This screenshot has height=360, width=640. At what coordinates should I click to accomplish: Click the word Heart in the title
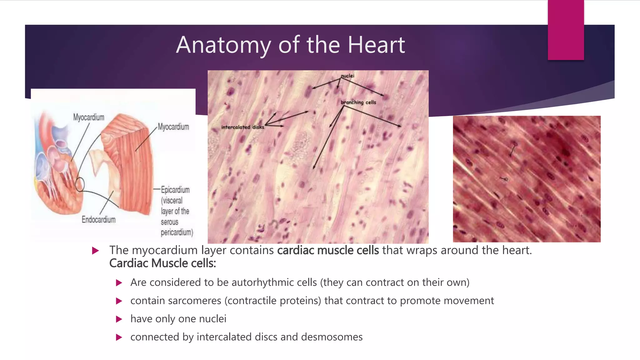(376, 45)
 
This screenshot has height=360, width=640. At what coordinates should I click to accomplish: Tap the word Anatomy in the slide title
(223, 45)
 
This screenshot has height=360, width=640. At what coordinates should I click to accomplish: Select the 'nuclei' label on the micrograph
(347, 76)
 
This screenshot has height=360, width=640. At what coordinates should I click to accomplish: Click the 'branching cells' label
(358, 102)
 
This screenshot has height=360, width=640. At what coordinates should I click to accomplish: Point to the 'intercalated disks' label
(242, 127)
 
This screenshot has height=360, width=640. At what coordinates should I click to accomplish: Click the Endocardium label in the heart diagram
(98, 220)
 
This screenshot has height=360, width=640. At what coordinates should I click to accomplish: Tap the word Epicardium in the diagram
(175, 190)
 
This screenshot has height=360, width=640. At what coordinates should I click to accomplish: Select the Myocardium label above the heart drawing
(88, 117)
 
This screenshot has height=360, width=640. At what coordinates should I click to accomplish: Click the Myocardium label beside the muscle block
(173, 127)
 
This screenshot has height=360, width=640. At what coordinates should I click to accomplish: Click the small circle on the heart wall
(80, 184)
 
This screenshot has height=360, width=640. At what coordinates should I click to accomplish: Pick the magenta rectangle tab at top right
(566, 30)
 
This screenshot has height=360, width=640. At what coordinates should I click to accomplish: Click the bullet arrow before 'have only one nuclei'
(119, 319)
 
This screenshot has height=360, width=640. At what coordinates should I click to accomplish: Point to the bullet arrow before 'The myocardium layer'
(96, 251)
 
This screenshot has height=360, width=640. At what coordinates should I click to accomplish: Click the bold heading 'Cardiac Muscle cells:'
(162, 263)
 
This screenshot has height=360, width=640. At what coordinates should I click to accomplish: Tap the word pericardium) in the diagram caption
(177, 232)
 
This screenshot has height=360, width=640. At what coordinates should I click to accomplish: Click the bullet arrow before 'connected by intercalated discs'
(119, 337)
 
